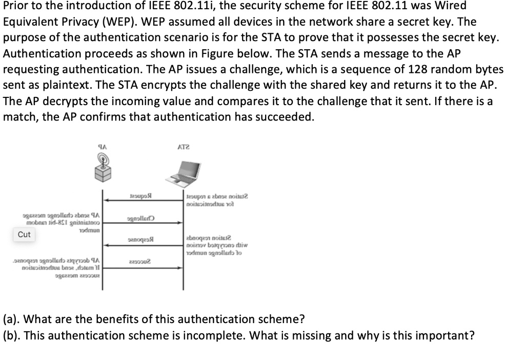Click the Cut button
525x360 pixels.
click(24, 234)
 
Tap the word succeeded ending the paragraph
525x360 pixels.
click(286, 117)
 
